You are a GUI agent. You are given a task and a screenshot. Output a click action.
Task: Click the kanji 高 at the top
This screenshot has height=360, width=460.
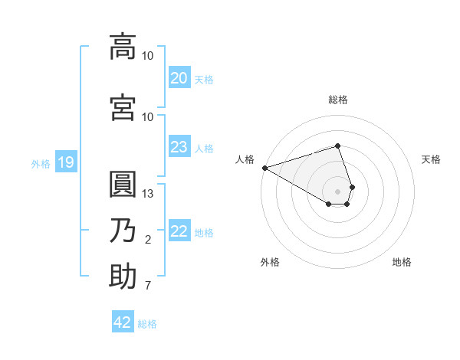click(123, 46)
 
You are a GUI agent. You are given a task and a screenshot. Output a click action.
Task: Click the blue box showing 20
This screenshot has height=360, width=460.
click(179, 78)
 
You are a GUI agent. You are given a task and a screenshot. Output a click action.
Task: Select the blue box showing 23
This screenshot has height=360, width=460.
click(179, 147)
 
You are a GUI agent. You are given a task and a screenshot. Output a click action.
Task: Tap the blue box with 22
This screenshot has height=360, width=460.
click(179, 231)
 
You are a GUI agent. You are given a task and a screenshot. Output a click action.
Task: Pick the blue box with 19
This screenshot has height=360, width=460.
click(66, 162)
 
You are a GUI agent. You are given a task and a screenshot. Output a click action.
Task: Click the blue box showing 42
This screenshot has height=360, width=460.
click(123, 322)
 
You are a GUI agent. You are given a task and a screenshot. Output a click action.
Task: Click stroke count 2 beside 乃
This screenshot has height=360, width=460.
click(148, 241)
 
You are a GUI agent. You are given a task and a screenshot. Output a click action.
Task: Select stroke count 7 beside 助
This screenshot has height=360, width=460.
click(148, 286)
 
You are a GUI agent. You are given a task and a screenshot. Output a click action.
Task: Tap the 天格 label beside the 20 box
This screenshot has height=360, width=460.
click(204, 79)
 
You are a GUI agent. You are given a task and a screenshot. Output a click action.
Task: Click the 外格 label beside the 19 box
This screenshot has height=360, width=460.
click(40, 163)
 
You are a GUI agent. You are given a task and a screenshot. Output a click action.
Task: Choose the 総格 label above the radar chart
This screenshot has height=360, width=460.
click(337, 100)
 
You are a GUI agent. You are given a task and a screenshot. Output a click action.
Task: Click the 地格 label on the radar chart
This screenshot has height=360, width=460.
click(402, 262)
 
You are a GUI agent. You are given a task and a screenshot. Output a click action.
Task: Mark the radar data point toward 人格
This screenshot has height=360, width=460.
click(264, 167)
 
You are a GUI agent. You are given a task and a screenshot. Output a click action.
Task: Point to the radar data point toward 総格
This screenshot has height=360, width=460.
click(337, 146)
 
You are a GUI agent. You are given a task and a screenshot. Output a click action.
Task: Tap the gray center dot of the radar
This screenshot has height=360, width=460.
click(337, 191)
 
